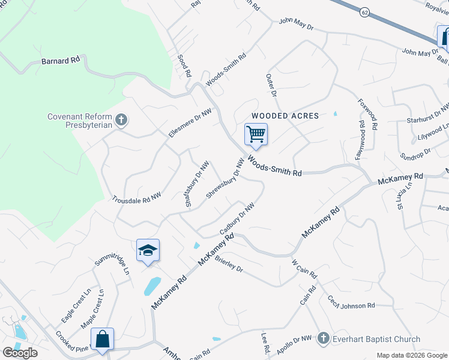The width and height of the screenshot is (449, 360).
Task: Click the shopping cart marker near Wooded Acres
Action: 256,134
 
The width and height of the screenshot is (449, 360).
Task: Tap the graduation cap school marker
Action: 148,250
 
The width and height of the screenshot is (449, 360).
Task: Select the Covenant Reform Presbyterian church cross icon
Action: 121,120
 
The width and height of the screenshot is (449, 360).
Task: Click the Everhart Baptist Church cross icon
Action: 324,338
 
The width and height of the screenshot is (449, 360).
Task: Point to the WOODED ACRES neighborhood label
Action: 285,115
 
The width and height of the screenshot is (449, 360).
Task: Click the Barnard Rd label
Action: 61,61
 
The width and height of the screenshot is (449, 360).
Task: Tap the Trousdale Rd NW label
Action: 137,198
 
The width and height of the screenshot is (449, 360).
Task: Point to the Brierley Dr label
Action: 228,264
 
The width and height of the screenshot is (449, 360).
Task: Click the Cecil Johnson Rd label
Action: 351,302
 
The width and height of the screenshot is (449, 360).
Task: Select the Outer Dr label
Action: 271,86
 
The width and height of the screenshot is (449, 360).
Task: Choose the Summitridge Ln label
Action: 112,260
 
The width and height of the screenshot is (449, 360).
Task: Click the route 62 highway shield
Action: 364,11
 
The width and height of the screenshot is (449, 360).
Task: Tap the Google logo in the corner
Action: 20,353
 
